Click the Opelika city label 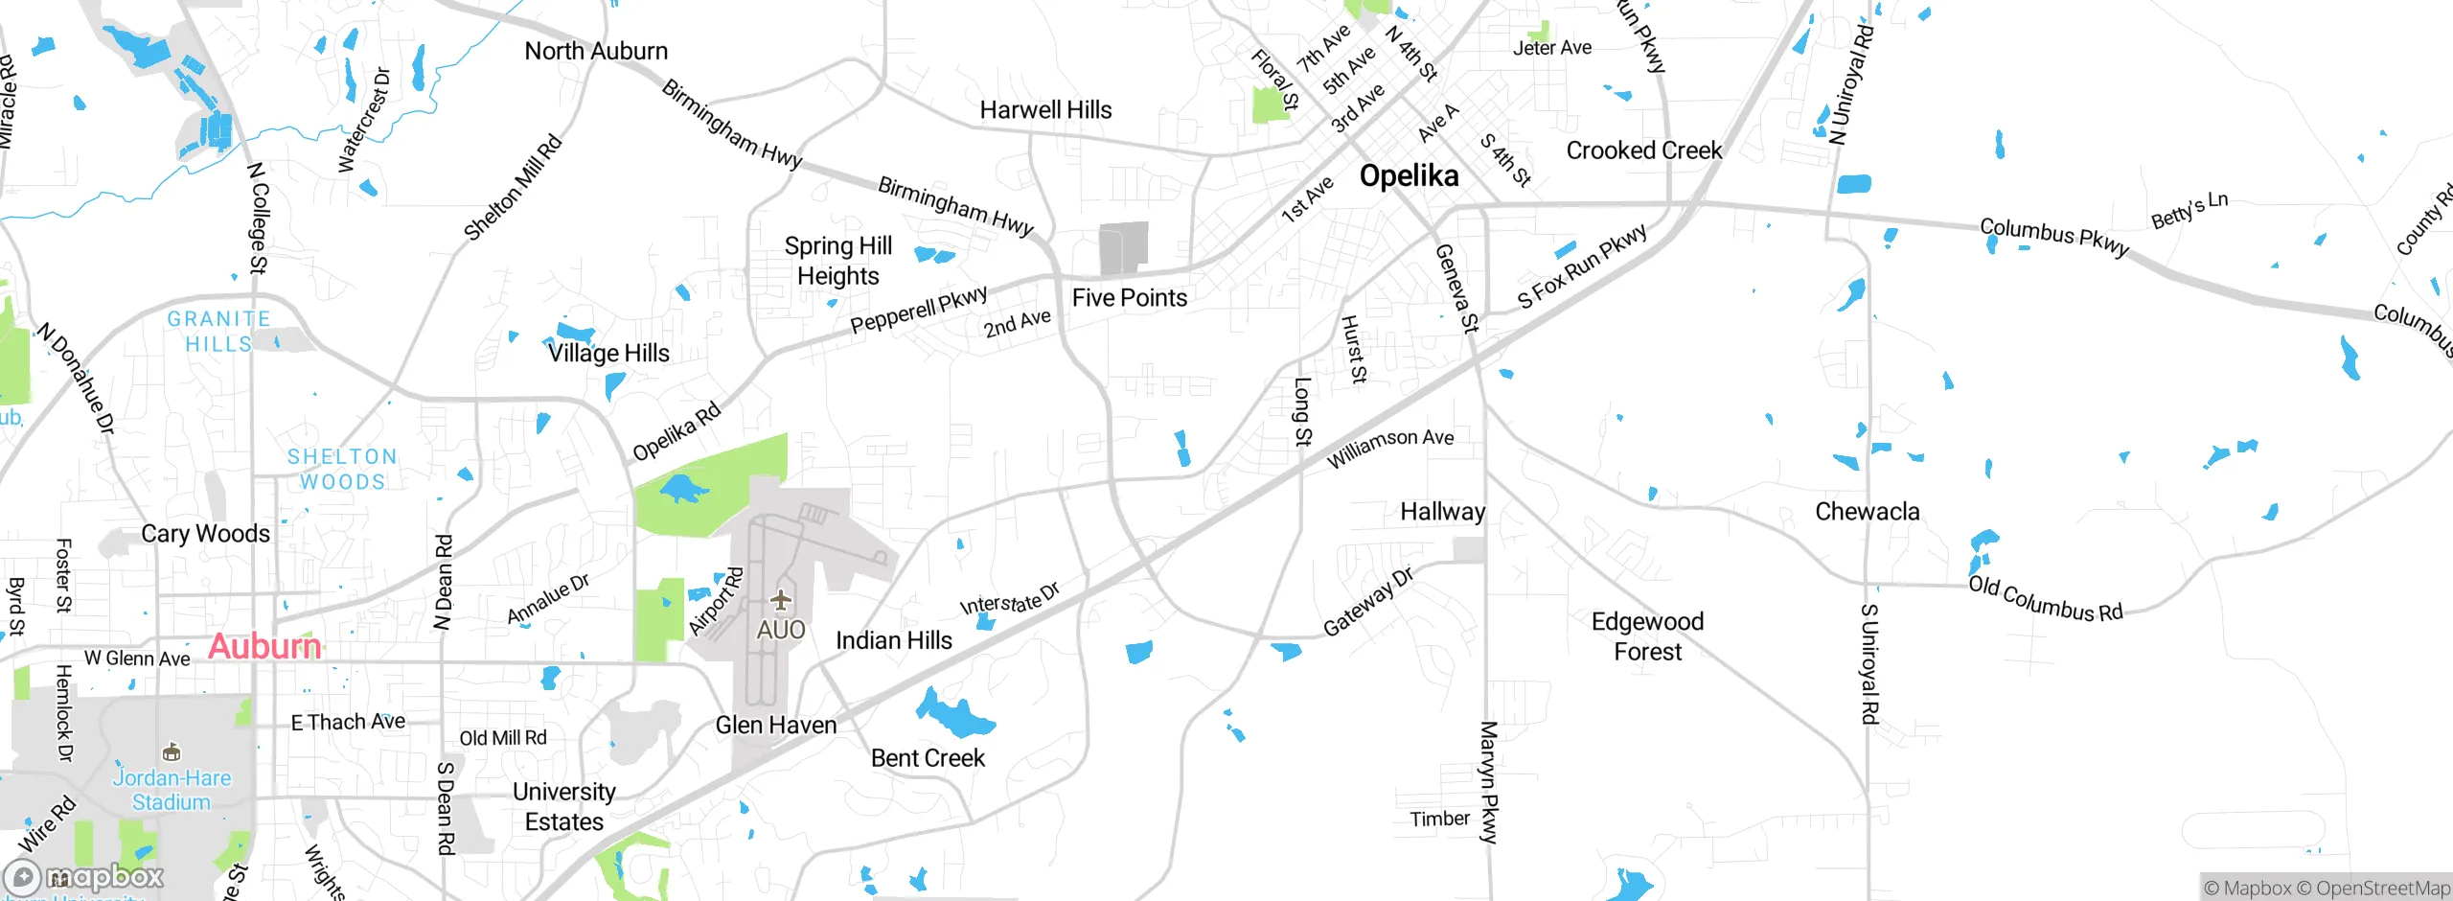1409,175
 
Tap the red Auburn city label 264,646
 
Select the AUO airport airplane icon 781,600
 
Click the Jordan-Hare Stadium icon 172,751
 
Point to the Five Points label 1129,298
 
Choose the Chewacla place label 1867,512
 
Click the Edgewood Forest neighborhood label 1647,636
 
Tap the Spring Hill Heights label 838,261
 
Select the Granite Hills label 218,332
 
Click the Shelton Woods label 342,469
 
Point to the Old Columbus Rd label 2045,599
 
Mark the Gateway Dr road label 1367,602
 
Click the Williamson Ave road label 1389,448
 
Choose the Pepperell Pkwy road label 918,311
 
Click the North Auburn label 596,51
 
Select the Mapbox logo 84,876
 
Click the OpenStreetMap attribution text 2381,889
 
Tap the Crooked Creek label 1643,150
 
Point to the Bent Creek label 928,758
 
